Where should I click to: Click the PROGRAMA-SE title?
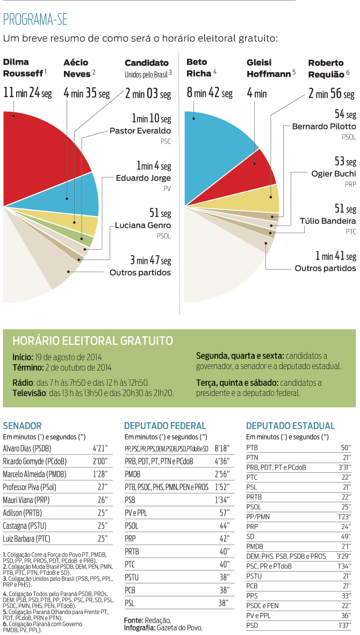(x=35, y=20)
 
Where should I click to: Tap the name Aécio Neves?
(x=76, y=68)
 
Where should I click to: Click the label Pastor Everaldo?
(x=140, y=131)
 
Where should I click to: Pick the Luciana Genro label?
(x=143, y=225)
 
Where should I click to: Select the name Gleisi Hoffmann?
(x=269, y=68)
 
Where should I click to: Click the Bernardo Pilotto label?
(x=323, y=126)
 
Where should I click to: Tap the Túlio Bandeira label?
(x=327, y=221)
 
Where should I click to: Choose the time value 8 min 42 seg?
(x=209, y=93)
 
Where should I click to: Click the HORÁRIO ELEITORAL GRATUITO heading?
(x=92, y=341)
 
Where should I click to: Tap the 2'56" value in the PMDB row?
(x=221, y=475)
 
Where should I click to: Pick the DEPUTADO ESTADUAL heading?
(x=290, y=425)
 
